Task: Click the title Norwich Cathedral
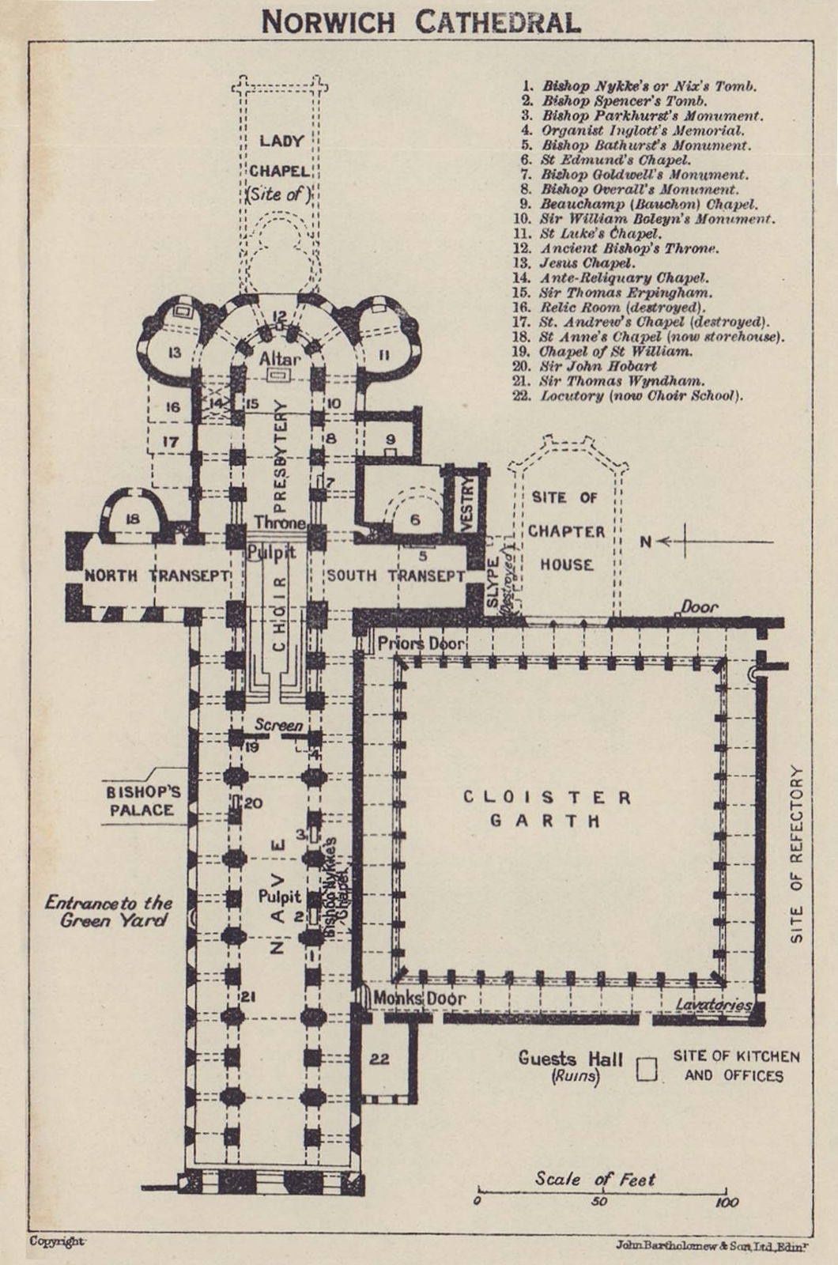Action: point(421,23)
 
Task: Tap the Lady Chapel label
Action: point(280,167)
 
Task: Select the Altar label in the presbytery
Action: point(280,359)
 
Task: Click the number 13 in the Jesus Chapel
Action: point(175,353)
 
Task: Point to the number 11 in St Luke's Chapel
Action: point(384,356)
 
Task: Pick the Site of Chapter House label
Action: point(566,531)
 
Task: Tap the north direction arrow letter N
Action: point(645,542)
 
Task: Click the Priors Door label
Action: point(421,644)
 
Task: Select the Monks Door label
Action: point(420,999)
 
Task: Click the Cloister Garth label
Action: point(546,809)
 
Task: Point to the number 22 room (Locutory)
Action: point(379,1059)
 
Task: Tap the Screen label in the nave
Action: point(278,725)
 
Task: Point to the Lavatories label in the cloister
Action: point(714,1005)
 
